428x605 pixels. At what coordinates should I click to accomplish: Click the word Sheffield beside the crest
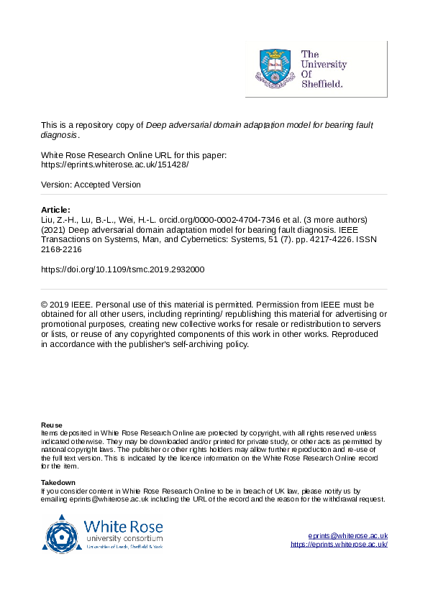[x=322, y=83]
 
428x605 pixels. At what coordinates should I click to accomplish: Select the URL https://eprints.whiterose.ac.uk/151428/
[x=115, y=165]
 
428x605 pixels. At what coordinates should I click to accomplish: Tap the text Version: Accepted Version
[x=91, y=185]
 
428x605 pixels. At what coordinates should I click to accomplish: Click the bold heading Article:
[x=56, y=210]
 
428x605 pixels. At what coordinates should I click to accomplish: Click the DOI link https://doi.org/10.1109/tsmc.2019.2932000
[x=123, y=270]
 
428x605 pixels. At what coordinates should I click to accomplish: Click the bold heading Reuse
[x=51, y=425]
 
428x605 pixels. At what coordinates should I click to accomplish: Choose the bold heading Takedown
[x=58, y=482]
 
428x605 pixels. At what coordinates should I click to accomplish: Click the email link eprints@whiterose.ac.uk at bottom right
[x=347, y=536]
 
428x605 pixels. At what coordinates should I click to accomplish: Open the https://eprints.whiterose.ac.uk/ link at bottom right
[x=339, y=545]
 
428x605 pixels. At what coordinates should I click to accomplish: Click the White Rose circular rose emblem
[x=63, y=534]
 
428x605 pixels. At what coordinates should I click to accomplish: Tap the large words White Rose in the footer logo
[x=123, y=525]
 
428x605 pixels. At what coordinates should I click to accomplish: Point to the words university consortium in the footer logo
[x=123, y=538]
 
